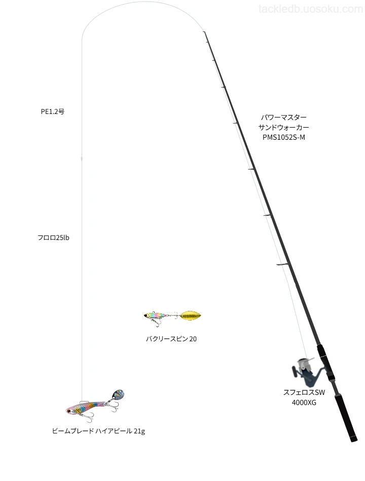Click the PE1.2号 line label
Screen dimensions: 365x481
pyautogui.click(x=53, y=112)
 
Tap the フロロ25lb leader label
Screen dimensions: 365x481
pyautogui.click(x=53, y=238)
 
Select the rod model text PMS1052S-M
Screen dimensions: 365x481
pyautogui.click(x=283, y=137)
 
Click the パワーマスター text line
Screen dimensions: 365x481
pyautogui.click(x=283, y=117)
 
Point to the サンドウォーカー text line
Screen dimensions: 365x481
pyautogui.click(x=283, y=127)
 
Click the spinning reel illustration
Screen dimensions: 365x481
pyautogui.click(x=307, y=372)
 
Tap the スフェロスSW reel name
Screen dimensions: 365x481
pyautogui.click(x=304, y=392)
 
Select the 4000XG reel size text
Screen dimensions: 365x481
pyautogui.click(x=304, y=403)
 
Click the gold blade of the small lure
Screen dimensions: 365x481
pyautogui.click(x=191, y=315)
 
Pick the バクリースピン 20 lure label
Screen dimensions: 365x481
pyautogui.click(x=171, y=339)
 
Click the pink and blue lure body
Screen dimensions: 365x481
pyautogui.click(x=85, y=408)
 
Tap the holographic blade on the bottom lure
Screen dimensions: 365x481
pyautogui.click(x=118, y=394)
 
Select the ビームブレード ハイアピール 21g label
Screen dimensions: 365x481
pyautogui.click(x=98, y=431)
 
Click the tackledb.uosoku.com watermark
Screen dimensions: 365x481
pyautogui.click(x=311, y=9)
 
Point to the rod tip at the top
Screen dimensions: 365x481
pyautogui.click(x=204, y=32)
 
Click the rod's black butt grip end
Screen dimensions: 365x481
pyautogui.click(x=354, y=440)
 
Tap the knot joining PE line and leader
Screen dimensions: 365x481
pyautogui.click(x=82, y=159)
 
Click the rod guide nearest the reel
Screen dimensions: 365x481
pyautogui.click(x=283, y=264)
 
